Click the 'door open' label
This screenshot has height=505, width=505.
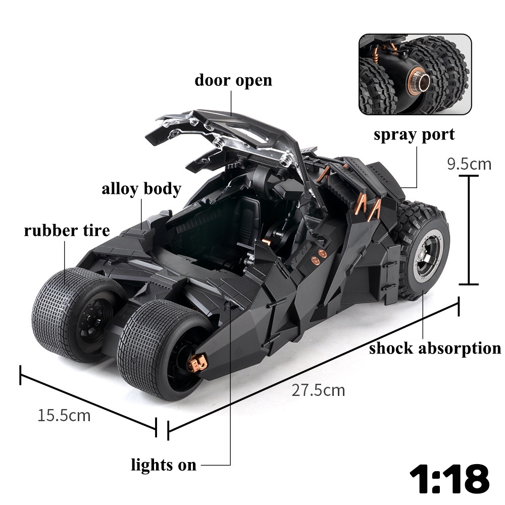[233, 80]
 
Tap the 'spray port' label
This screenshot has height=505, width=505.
[414, 135]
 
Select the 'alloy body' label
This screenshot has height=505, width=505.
[141, 189]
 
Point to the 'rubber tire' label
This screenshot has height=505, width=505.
[67, 231]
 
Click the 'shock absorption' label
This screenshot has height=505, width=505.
[435, 348]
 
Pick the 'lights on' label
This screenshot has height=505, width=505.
[164, 465]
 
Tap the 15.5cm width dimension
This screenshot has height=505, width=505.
[64, 416]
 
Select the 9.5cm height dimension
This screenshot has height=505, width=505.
[469, 164]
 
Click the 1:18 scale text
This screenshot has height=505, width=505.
[449, 478]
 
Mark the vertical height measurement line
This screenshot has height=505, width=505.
[469, 230]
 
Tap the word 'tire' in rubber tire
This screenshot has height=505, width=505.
[96, 231]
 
